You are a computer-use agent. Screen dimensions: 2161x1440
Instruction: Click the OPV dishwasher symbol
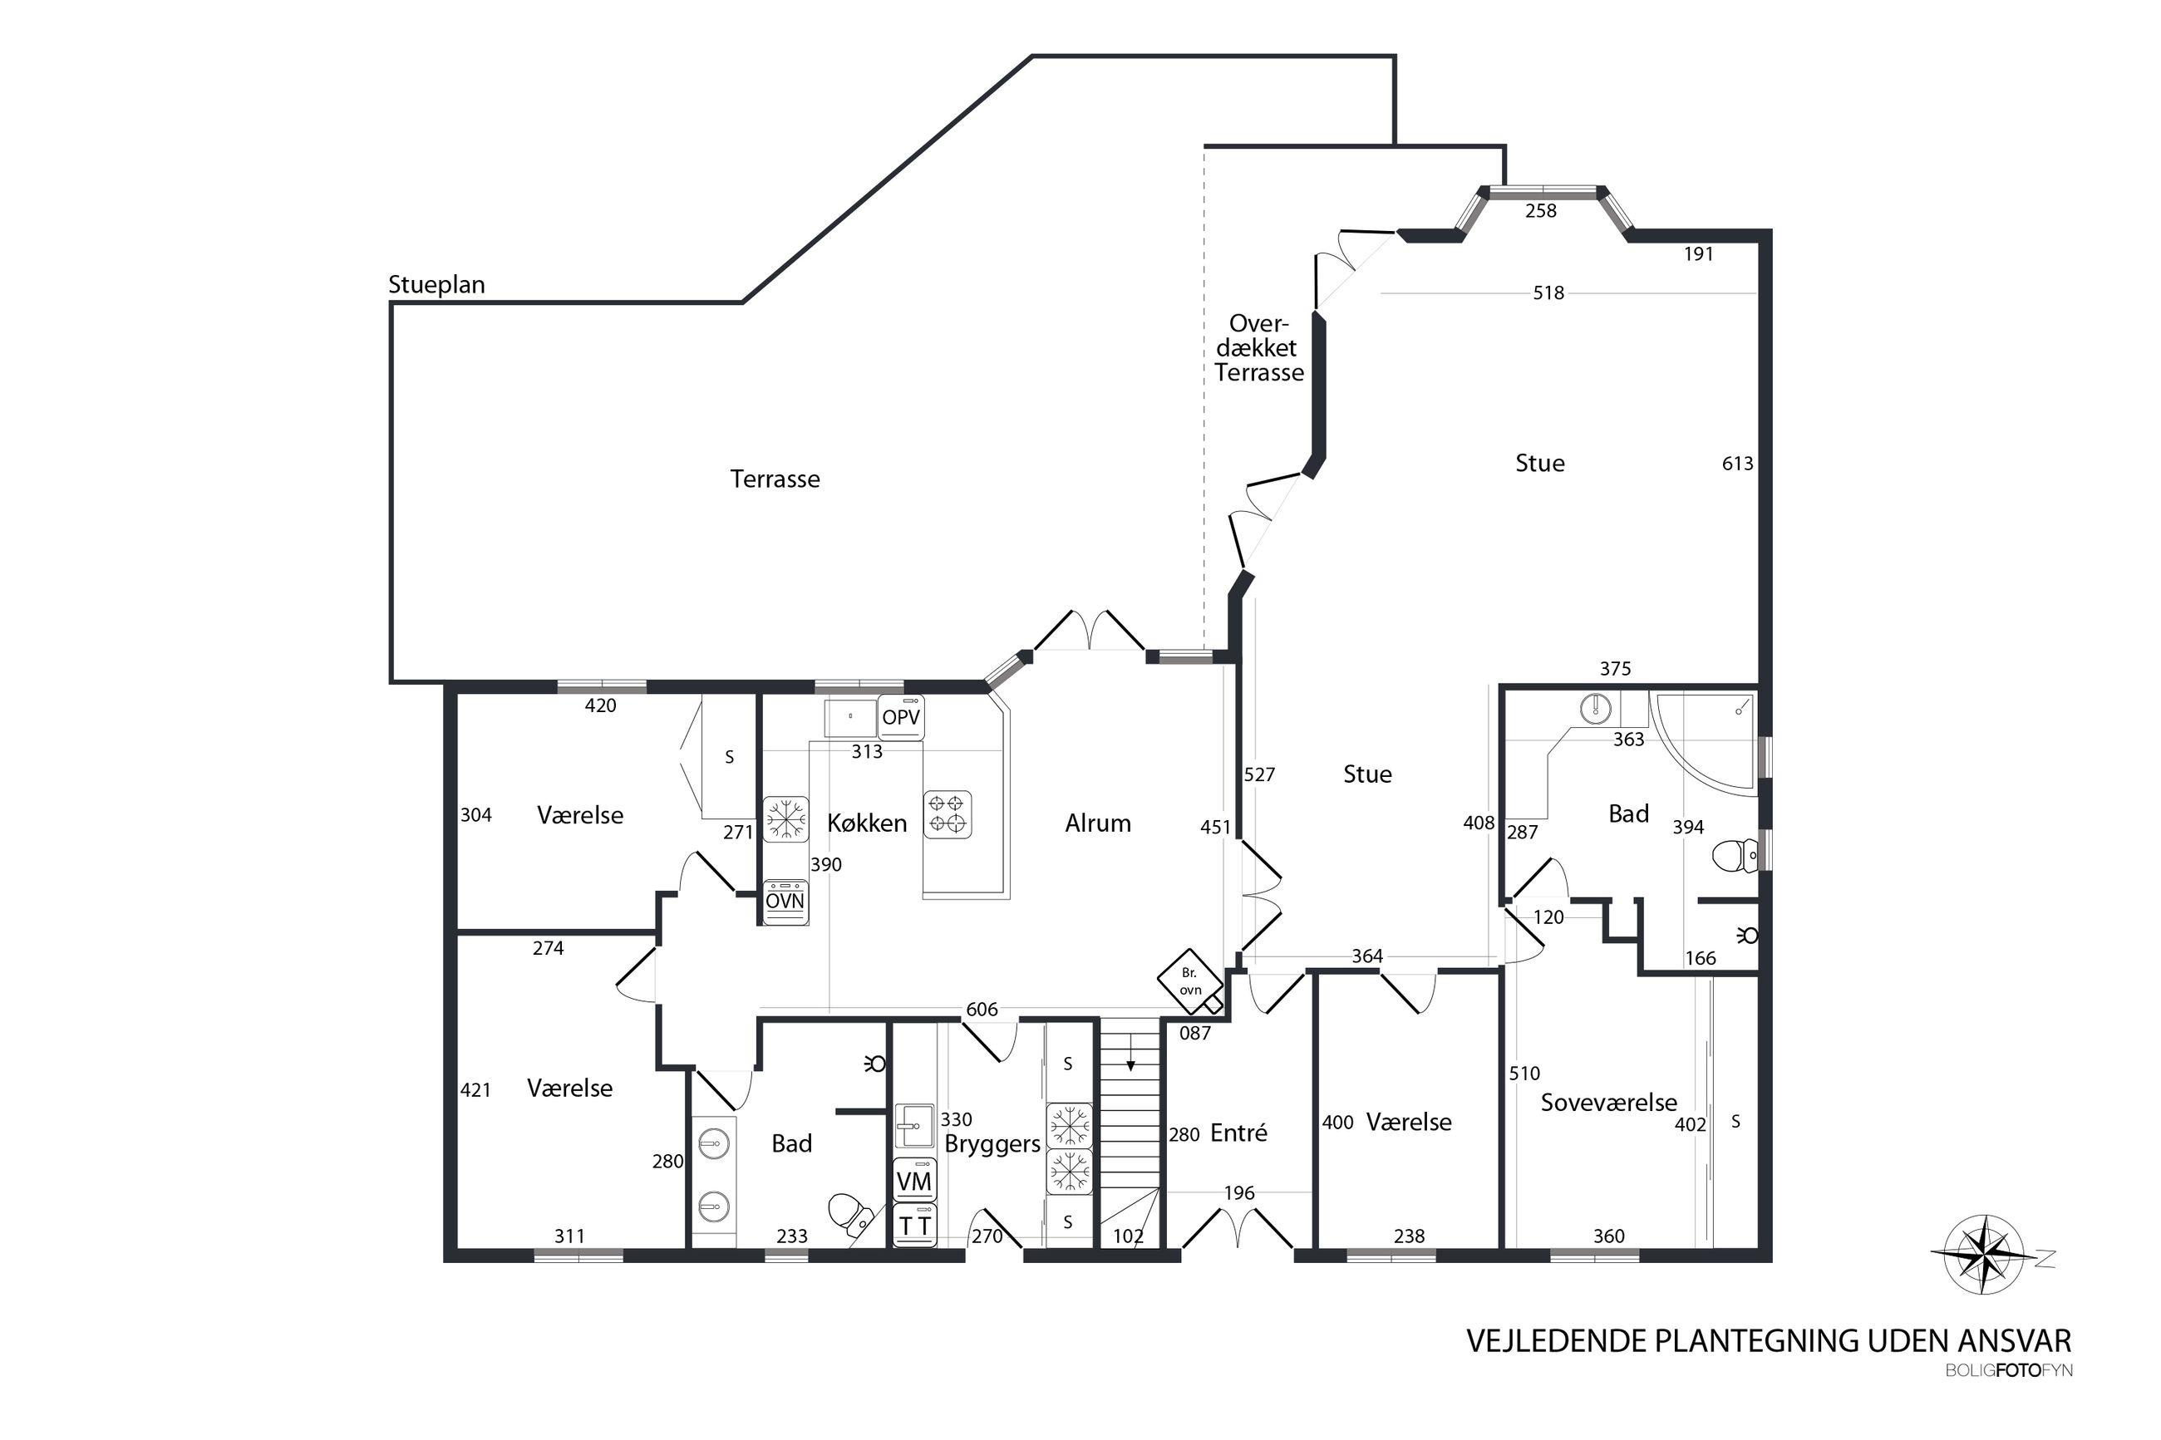point(900,717)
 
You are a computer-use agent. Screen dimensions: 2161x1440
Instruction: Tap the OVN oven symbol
point(785,902)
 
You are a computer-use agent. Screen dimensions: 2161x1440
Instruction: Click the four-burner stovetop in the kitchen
point(947,814)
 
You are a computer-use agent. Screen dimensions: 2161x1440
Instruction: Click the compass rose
point(1985,1255)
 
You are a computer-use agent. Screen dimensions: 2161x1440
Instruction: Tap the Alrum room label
point(1097,823)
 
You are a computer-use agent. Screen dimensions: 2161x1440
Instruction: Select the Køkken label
point(867,823)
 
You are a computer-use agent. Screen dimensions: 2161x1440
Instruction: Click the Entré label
point(1238,1133)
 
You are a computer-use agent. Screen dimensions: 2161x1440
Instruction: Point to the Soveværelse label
point(1608,1102)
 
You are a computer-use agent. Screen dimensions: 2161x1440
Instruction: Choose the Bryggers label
point(992,1144)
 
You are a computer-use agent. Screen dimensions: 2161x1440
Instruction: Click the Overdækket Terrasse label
point(1258,348)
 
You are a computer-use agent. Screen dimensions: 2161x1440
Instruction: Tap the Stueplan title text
point(436,285)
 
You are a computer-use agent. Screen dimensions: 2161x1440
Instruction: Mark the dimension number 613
point(1737,464)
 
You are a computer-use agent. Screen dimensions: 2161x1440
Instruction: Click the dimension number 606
point(981,1010)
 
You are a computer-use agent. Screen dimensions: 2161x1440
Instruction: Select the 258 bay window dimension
point(1540,210)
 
